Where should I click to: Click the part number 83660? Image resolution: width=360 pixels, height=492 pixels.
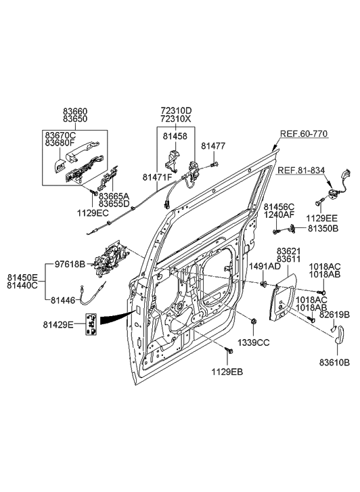click(x=74, y=110)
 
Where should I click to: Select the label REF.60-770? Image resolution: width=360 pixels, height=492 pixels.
click(x=305, y=133)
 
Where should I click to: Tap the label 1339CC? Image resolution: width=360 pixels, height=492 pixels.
click(x=252, y=343)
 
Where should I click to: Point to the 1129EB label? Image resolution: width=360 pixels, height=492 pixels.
click(x=227, y=372)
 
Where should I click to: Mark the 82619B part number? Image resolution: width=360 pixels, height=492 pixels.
click(x=334, y=315)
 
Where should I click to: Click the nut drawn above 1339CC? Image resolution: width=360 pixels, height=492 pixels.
click(x=252, y=320)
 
